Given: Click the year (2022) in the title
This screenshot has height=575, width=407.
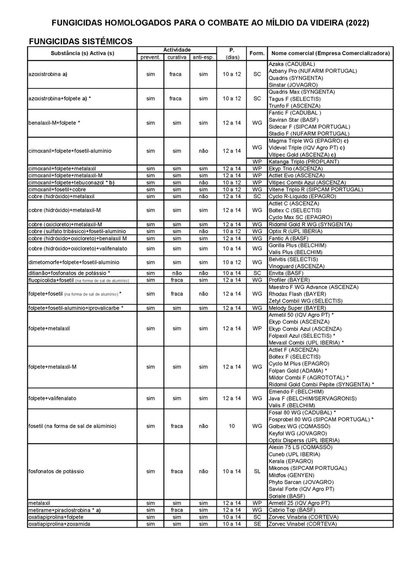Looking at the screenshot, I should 357,23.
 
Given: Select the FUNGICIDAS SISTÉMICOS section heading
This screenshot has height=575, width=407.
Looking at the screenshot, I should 81,41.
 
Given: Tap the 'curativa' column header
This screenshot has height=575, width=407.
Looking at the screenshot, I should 177,57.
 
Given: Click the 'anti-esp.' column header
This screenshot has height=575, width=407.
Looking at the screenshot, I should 203,57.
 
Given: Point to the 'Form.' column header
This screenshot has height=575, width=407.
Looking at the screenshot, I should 257,53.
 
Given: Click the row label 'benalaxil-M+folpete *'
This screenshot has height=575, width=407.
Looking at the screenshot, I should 54,123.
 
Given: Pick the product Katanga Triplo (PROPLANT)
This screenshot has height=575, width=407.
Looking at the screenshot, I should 304,162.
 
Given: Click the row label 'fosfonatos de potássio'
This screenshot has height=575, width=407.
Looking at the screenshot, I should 56,471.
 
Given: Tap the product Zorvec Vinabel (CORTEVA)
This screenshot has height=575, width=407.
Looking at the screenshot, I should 302,524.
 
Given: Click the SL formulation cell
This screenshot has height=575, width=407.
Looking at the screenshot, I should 257,471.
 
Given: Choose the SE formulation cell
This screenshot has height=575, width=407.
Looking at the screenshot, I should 257,524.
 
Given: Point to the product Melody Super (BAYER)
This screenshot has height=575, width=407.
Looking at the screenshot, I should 297,308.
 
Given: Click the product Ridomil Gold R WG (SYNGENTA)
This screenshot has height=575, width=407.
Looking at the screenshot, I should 310,225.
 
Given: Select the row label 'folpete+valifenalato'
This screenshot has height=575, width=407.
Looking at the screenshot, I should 52,398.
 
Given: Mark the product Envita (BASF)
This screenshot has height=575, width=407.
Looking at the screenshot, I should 286,273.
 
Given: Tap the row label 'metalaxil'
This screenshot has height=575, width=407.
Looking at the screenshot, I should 39,503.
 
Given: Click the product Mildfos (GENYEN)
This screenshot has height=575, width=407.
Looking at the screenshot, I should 291,475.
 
